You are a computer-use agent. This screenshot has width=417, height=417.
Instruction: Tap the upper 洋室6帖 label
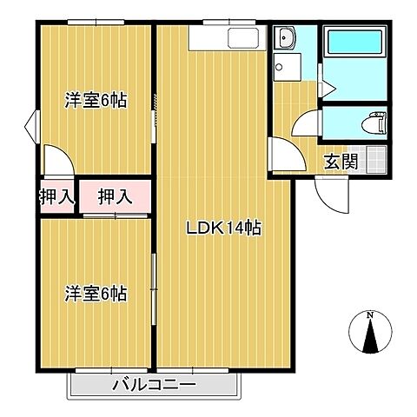coord(96,101)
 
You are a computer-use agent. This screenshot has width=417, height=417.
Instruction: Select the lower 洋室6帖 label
coord(96,294)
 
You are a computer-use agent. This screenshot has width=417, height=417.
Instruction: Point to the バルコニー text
coord(154,385)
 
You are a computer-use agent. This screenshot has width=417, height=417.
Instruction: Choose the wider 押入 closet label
coord(115,197)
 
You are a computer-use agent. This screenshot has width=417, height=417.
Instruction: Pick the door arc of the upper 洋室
coord(57,162)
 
